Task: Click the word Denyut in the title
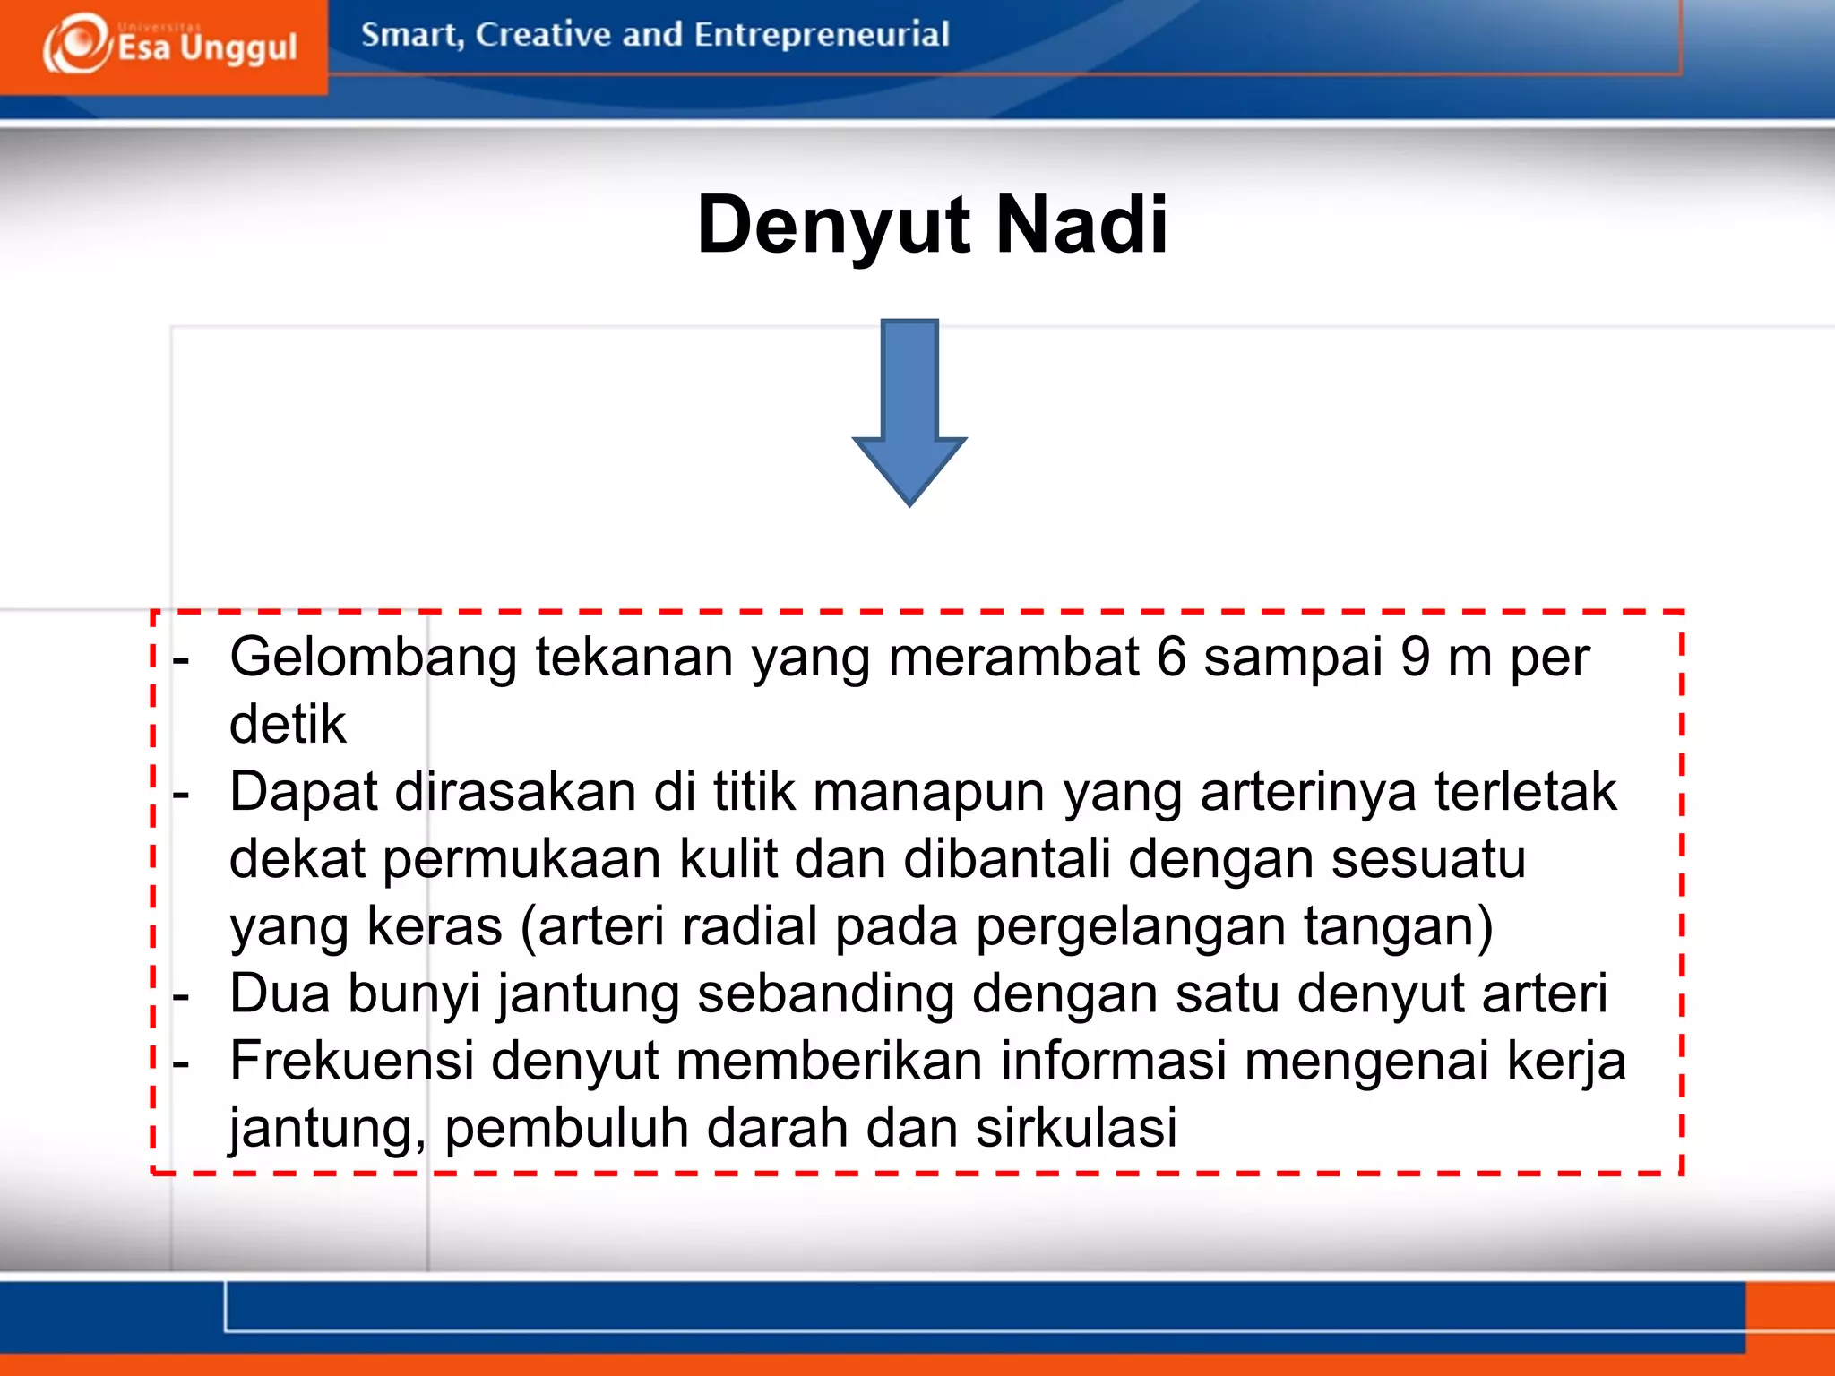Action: [x=833, y=226]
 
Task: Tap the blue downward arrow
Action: [x=909, y=412]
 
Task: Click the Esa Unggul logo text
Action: [x=207, y=47]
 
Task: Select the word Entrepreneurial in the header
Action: [x=821, y=35]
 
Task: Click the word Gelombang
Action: [x=373, y=658]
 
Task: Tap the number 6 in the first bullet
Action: [x=1171, y=657]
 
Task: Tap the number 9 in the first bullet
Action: [x=1415, y=657]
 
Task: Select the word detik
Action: [x=288, y=724]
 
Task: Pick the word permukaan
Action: [x=521, y=859]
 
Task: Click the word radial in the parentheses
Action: [x=749, y=926]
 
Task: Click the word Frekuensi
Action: [x=351, y=1061]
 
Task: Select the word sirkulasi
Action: [x=1076, y=1128]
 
